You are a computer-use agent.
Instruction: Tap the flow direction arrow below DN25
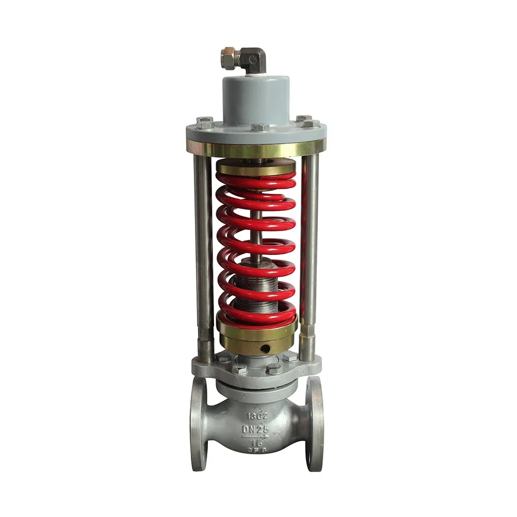point(257,437)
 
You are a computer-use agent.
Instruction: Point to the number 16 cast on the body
point(257,443)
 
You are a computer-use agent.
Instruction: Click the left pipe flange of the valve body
point(199,424)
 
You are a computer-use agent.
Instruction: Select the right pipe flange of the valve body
point(315,424)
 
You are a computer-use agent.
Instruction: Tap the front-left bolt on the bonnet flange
point(239,369)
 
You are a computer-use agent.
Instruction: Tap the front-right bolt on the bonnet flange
point(274,369)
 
